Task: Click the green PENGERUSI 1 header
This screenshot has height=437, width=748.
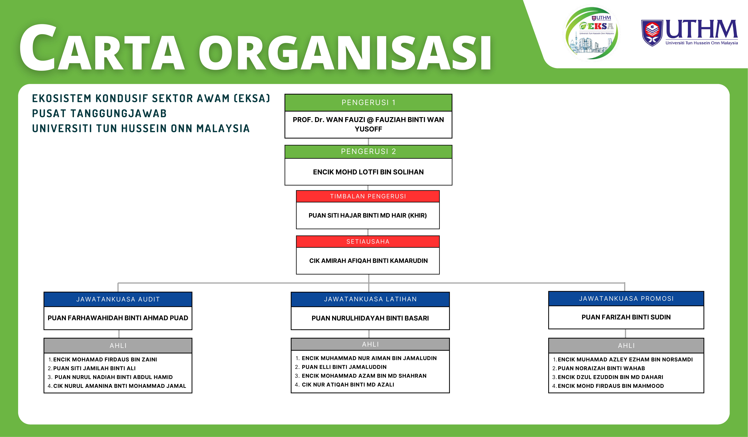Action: pos(368,103)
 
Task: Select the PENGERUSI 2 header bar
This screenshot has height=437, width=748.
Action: pos(368,152)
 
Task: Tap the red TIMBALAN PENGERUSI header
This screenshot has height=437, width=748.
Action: pos(368,196)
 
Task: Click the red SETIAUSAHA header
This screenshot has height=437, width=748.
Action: pos(368,241)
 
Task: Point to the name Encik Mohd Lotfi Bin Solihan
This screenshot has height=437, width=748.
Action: pos(368,172)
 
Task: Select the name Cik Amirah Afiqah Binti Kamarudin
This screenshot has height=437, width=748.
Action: pos(368,261)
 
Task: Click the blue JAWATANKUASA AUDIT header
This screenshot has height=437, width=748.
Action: pos(118,299)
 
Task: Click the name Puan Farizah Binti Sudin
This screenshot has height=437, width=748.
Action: pos(626,317)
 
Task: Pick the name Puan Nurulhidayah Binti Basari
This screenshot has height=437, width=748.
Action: pos(370,318)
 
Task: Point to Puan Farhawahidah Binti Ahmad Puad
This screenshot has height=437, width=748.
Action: pos(118,318)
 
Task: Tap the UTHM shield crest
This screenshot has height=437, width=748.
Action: pos(652,33)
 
